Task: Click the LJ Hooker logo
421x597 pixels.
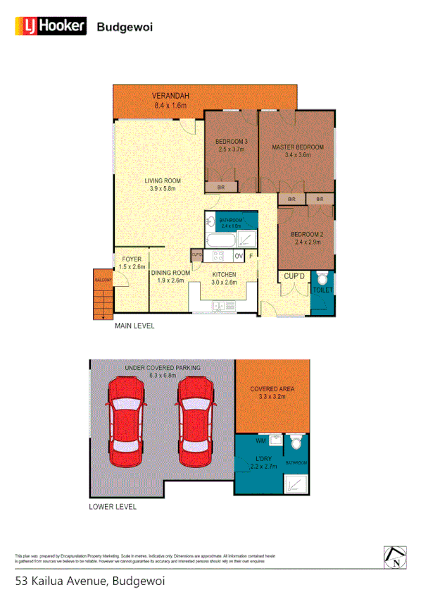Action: (x=51, y=27)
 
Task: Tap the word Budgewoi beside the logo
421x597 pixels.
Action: (x=125, y=27)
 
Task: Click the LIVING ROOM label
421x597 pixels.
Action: (x=163, y=180)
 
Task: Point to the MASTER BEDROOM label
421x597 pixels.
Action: (x=298, y=147)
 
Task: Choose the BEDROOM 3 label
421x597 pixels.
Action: (x=232, y=141)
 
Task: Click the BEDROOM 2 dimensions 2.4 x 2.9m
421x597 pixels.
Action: (x=307, y=242)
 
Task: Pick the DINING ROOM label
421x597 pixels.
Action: (x=171, y=273)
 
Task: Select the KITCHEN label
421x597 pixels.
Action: (x=225, y=274)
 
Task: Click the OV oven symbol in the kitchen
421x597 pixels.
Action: (x=239, y=255)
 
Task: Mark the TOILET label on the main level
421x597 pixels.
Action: (x=323, y=290)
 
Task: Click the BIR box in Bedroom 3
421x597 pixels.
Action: (x=221, y=187)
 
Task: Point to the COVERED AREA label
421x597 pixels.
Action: (x=272, y=388)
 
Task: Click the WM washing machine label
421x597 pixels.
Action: (x=260, y=441)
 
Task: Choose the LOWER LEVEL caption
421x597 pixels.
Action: (x=113, y=507)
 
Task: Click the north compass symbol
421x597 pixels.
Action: (x=396, y=557)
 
